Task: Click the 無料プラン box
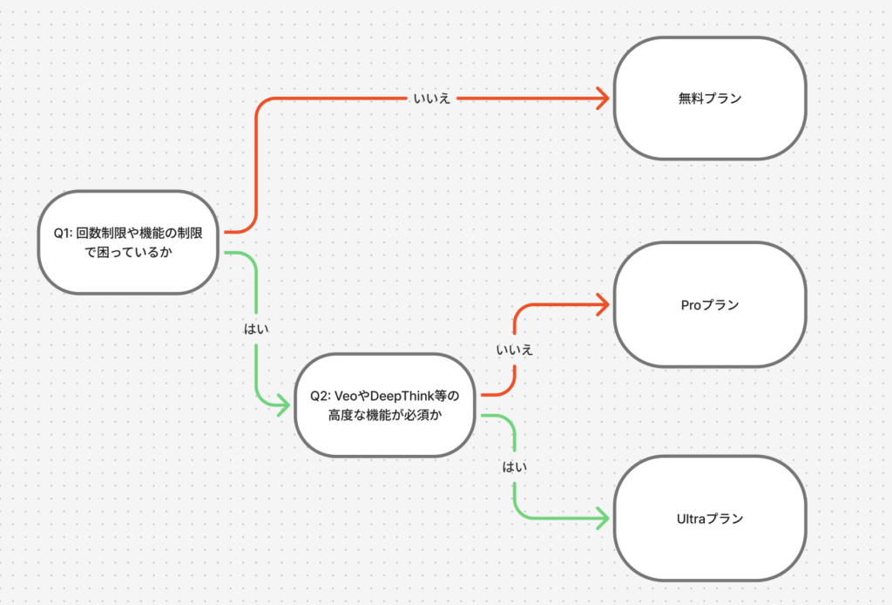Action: [x=710, y=99]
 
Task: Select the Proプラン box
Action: [x=710, y=304]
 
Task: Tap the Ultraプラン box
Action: [x=710, y=518]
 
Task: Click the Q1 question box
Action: [x=128, y=242]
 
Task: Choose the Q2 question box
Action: [x=384, y=405]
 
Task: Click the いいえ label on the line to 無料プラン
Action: [x=432, y=99]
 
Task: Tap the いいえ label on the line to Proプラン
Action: [x=514, y=350]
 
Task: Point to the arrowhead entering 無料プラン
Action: [x=602, y=99]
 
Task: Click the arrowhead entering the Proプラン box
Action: [x=602, y=304]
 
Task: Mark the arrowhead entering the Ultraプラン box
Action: [x=602, y=518]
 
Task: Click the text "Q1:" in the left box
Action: [x=64, y=234]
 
